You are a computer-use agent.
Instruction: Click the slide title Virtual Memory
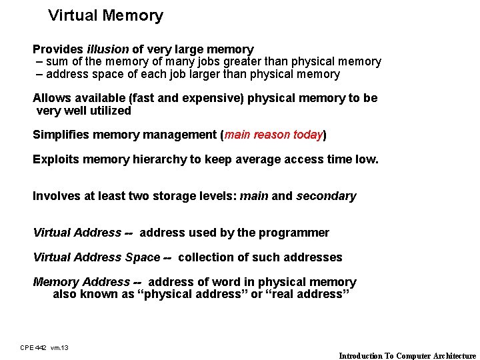coord(105,16)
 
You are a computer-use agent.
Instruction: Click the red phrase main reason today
coord(273,135)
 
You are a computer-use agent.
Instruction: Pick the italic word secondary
coord(326,196)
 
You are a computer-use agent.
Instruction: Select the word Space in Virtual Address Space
coord(143,257)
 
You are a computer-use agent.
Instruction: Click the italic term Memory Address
coord(81,282)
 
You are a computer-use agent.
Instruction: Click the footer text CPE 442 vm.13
coord(44,347)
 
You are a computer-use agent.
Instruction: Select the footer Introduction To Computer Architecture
coord(407,355)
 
